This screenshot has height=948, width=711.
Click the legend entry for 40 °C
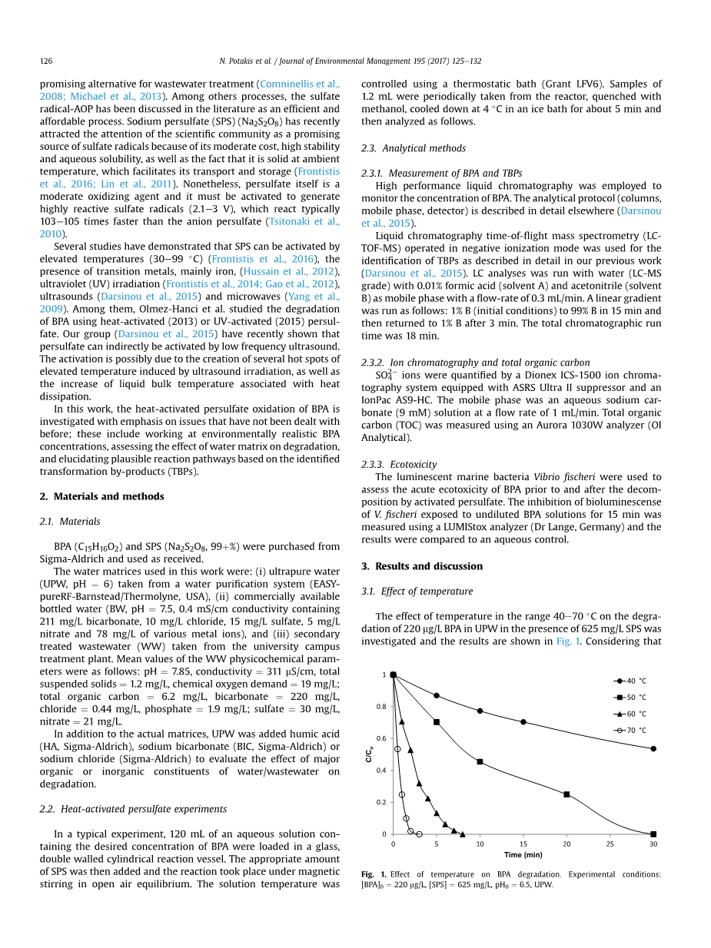click(630, 681)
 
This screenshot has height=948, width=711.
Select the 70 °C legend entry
click(630, 730)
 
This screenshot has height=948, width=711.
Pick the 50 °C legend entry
click(630, 698)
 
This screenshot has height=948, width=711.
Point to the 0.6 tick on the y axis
click(382, 738)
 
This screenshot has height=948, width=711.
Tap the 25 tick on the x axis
click(610, 844)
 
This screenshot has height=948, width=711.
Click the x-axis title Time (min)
click(523, 855)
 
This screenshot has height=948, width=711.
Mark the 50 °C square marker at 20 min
click(566, 794)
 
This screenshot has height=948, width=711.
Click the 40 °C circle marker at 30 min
click(653, 748)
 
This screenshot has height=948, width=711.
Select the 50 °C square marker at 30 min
click(653, 834)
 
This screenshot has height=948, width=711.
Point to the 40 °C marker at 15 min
click(523, 722)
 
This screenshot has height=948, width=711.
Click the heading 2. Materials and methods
click(101, 496)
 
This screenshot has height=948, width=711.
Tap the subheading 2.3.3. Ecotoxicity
click(399, 464)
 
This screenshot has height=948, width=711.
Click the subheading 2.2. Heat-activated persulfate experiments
click(133, 809)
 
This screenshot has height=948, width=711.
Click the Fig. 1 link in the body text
click(564, 641)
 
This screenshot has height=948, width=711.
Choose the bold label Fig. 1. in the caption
click(374, 874)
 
